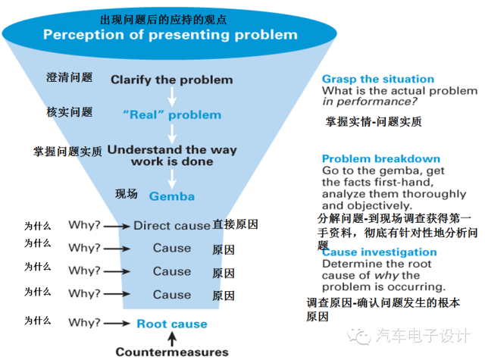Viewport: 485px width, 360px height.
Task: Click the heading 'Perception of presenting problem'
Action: pyautogui.click(x=170, y=35)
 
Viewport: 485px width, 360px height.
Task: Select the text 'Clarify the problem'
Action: pyautogui.click(x=171, y=79)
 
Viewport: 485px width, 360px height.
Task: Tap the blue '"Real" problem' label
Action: pyautogui.click(x=171, y=115)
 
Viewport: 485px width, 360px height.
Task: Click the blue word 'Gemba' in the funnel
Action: pyautogui.click(x=171, y=196)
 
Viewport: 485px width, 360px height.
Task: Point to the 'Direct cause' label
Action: pyautogui.click(x=171, y=225)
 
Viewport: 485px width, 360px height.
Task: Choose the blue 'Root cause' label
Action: pyautogui.click(x=171, y=324)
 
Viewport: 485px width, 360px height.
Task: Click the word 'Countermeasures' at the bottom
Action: pyautogui.click(x=171, y=352)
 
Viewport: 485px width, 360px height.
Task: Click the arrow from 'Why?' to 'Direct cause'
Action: pyautogui.click(x=117, y=226)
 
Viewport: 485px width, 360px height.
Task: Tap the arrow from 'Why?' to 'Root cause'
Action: pyautogui.click(x=117, y=324)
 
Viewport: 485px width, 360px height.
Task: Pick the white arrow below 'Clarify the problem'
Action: pyautogui.click(x=172, y=96)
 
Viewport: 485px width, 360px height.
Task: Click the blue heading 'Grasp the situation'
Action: pyautogui.click(x=377, y=79)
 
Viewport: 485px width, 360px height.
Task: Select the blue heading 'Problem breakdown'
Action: pyautogui.click(x=380, y=159)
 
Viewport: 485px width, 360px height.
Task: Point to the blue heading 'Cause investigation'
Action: pyautogui.click(x=379, y=252)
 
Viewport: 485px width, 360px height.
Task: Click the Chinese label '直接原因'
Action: pyautogui.click(x=236, y=224)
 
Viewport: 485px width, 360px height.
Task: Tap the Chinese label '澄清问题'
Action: pyautogui.click(x=69, y=78)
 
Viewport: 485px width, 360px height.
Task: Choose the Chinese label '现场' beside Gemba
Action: pyautogui.click(x=126, y=194)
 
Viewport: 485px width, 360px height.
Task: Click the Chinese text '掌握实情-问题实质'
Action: pyautogui.click(x=374, y=121)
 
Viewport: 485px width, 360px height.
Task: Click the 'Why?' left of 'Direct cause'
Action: pyautogui.click(x=84, y=226)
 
